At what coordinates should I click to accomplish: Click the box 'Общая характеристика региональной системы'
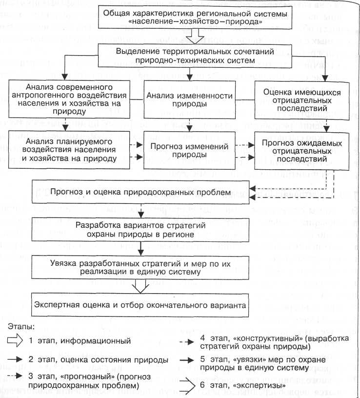pyautogui.click(x=195, y=17)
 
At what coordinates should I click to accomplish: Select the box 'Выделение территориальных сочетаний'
pyautogui.click(x=195, y=56)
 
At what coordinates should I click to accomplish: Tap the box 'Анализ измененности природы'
pyautogui.click(x=189, y=99)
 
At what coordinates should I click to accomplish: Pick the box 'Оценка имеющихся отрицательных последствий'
pyautogui.click(x=302, y=100)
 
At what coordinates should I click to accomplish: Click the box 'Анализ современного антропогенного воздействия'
pyautogui.click(x=69, y=99)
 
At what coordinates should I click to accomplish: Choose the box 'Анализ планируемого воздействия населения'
pyautogui.click(x=69, y=150)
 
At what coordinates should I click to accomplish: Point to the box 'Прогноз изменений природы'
pyautogui.click(x=189, y=150)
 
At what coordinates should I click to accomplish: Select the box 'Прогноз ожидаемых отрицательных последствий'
pyautogui.click(x=302, y=151)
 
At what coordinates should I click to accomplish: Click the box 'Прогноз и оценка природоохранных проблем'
pyautogui.click(x=140, y=192)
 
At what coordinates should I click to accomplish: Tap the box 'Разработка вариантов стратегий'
pyautogui.click(x=140, y=230)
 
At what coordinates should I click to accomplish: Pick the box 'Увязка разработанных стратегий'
pyautogui.click(x=140, y=268)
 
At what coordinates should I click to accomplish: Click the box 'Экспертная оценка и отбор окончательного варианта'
pyautogui.click(x=140, y=305)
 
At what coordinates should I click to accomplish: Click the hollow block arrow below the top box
pyautogui.click(x=195, y=36)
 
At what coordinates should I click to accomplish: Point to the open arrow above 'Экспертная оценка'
pyautogui.click(x=140, y=286)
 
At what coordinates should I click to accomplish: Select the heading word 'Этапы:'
pyautogui.click(x=21, y=326)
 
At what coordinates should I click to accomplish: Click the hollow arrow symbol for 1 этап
pyautogui.click(x=15, y=340)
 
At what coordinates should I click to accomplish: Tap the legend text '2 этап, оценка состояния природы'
pyautogui.click(x=99, y=359)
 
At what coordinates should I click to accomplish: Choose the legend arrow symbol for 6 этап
pyautogui.click(x=187, y=386)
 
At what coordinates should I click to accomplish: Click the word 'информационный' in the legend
pyautogui.click(x=96, y=341)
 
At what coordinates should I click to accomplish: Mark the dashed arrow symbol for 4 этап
pyautogui.click(x=187, y=342)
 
